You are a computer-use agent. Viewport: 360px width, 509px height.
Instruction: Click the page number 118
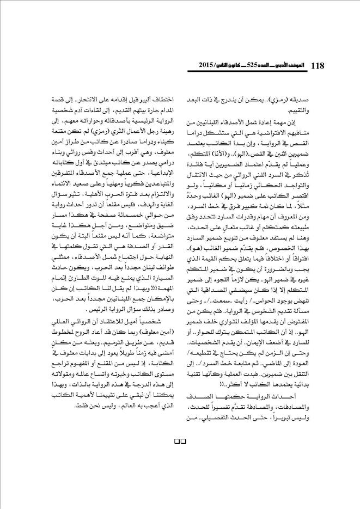(x=317, y=65)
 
